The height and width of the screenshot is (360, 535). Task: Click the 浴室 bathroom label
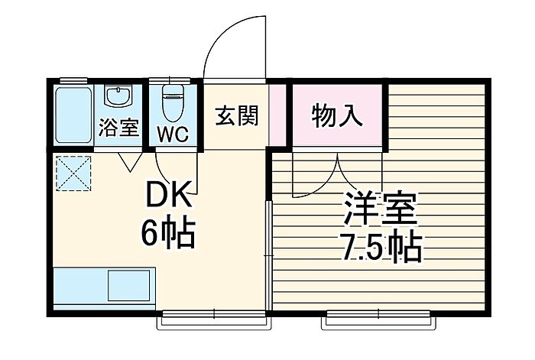pos(118,128)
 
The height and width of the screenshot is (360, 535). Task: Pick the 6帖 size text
pos(169,232)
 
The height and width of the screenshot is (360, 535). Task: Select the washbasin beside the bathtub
pos(118,97)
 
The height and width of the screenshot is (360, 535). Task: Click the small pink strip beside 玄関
pos(279,115)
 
